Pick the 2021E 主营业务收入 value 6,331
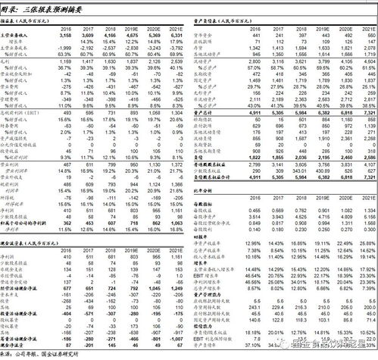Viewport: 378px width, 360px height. click(x=176, y=35)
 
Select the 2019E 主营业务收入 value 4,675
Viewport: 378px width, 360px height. click(x=131, y=35)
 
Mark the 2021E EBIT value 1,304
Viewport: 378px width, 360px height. click(x=176, y=114)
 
